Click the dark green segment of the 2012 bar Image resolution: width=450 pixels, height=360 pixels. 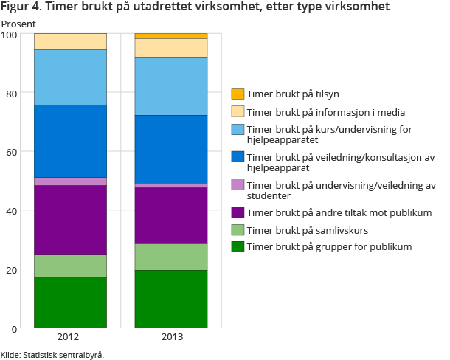click(70, 302)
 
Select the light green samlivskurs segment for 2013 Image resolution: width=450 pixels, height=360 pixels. click(170, 257)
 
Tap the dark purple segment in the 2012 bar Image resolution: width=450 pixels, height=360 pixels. click(70, 220)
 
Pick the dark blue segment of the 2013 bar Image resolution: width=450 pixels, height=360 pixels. click(170, 149)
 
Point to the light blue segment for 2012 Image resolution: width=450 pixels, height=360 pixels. click(70, 77)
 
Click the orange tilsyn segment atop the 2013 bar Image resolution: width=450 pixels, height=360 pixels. click(170, 35)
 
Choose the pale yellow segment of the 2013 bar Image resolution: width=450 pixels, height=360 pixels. click(170, 48)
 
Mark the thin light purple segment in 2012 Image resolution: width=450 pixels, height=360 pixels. click(70, 181)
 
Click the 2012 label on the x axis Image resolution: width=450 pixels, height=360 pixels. click(70, 338)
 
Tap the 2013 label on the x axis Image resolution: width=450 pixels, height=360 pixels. click(170, 338)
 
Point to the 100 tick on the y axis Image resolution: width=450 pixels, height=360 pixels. click(10, 34)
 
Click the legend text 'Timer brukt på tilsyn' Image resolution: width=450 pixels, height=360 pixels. click(293, 94)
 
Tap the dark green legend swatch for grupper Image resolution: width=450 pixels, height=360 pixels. click(238, 246)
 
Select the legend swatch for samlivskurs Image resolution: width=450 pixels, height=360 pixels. click(238, 229)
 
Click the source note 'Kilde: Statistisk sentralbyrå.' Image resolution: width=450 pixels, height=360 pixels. click(52, 354)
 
